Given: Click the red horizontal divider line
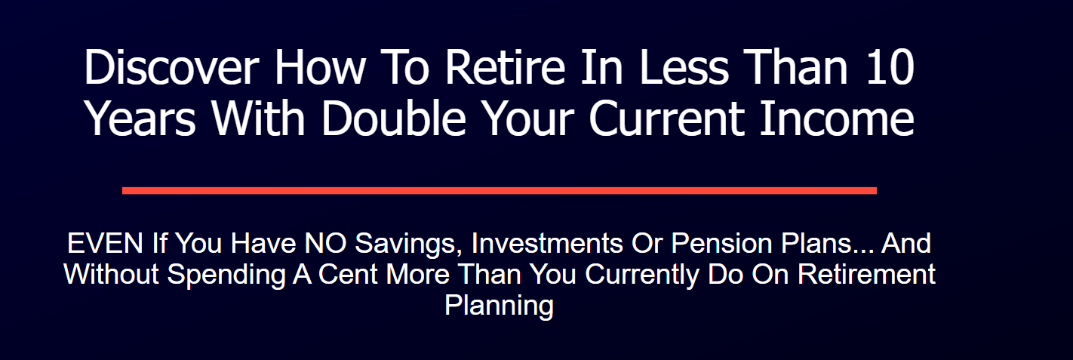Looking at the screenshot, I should (499, 190).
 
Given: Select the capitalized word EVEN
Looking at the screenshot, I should (105, 244).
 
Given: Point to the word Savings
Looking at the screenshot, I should (407, 244).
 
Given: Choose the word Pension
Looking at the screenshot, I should (718, 244).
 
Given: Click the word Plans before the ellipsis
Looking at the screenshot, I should (816, 244).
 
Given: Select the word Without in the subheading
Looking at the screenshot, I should (112, 274).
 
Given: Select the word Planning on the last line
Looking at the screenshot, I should (499, 306).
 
